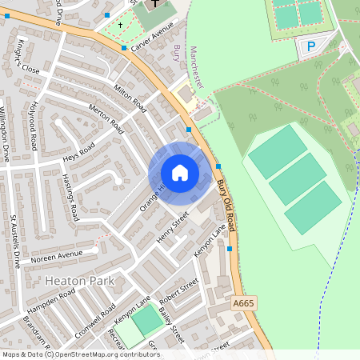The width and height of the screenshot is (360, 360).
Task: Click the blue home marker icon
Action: (180, 172)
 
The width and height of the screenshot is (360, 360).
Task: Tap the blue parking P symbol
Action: (310, 47)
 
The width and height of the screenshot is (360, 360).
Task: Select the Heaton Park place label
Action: (79, 281)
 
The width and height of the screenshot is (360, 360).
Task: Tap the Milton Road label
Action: (130, 98)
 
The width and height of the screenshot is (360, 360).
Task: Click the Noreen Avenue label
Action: (57, 257)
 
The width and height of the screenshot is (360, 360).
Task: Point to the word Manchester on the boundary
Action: (198, 66)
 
